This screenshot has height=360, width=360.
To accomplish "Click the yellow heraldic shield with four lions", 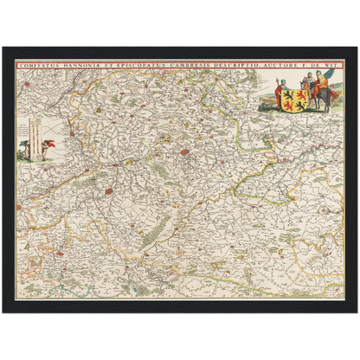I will tap(299, 94).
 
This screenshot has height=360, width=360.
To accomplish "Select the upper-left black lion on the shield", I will tap(295, 90).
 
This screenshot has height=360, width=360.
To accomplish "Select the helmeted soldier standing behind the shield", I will tap(309, 80).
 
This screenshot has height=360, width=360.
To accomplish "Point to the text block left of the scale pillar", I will tap(22, 130).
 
